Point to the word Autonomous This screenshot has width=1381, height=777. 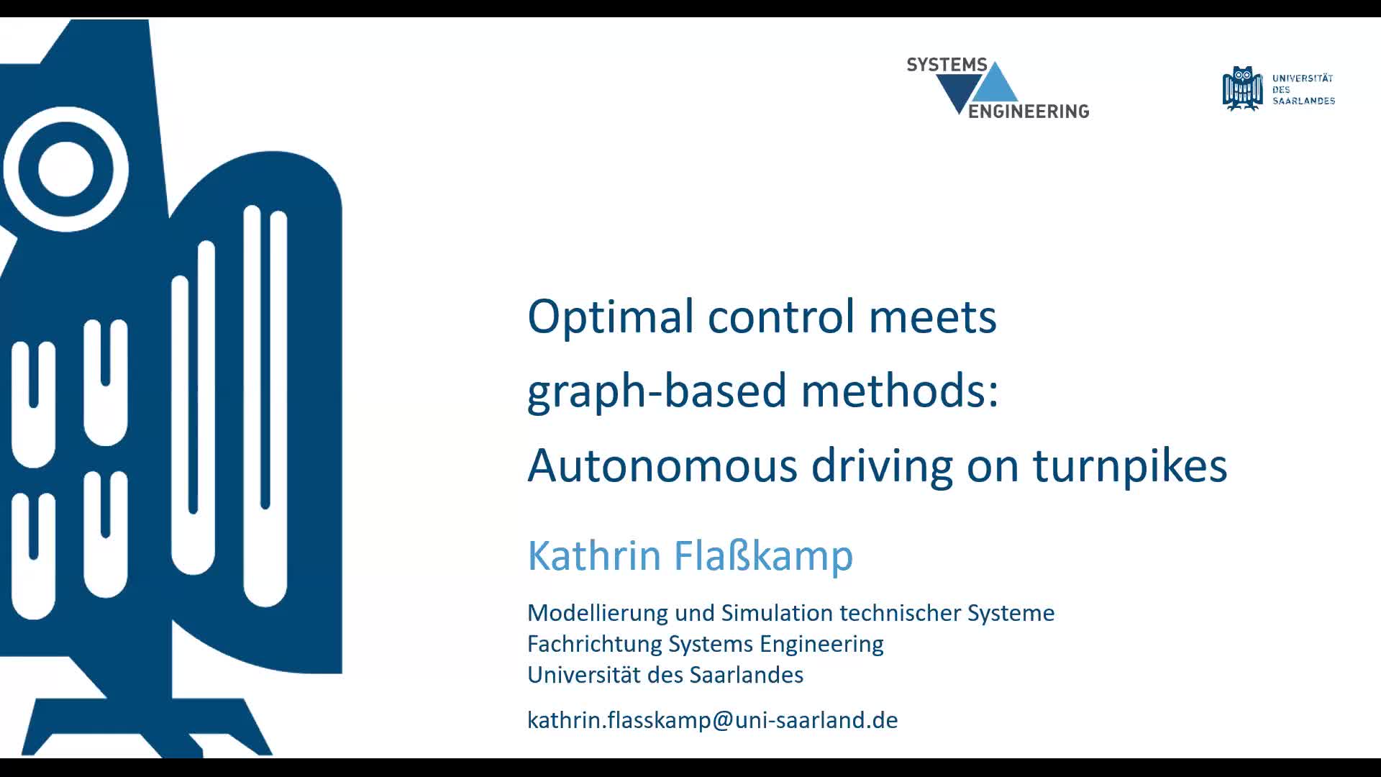tap(662, 465)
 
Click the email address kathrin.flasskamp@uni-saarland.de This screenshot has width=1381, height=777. tap(712, 720)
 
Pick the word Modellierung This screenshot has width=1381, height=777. tap(598, 614)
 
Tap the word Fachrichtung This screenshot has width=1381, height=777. tap(595, 644)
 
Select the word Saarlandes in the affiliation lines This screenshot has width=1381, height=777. tap(746, 675)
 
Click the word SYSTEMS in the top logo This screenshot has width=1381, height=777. tap(947, 65)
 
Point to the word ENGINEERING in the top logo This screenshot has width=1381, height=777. tap(1029, 111)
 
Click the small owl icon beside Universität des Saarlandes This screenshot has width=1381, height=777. tap(1242, 88)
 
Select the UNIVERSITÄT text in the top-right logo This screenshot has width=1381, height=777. tap(1303, 78)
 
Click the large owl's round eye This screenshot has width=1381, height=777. tap(65, 170)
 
